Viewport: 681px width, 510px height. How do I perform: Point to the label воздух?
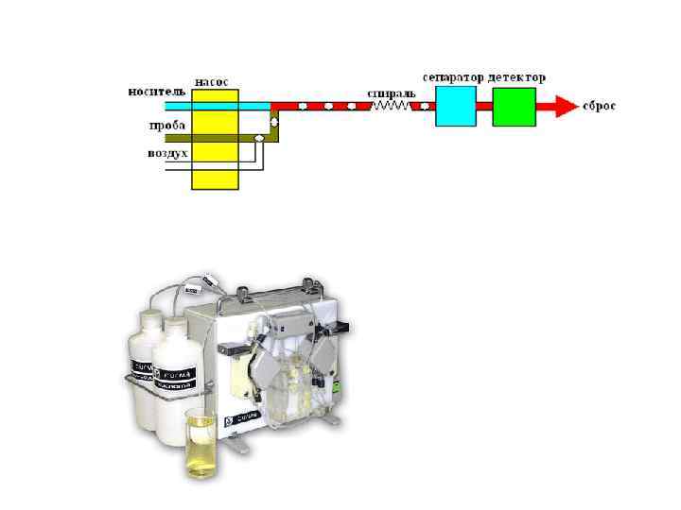click(x=167, y=152)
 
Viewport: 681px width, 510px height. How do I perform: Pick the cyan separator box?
click(x=455, y=106)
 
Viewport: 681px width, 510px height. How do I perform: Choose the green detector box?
click(x=514, y=106)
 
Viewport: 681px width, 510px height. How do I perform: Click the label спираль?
click(x=388, y=93)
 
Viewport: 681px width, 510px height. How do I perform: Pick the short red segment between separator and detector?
click(x=483, y=106)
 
